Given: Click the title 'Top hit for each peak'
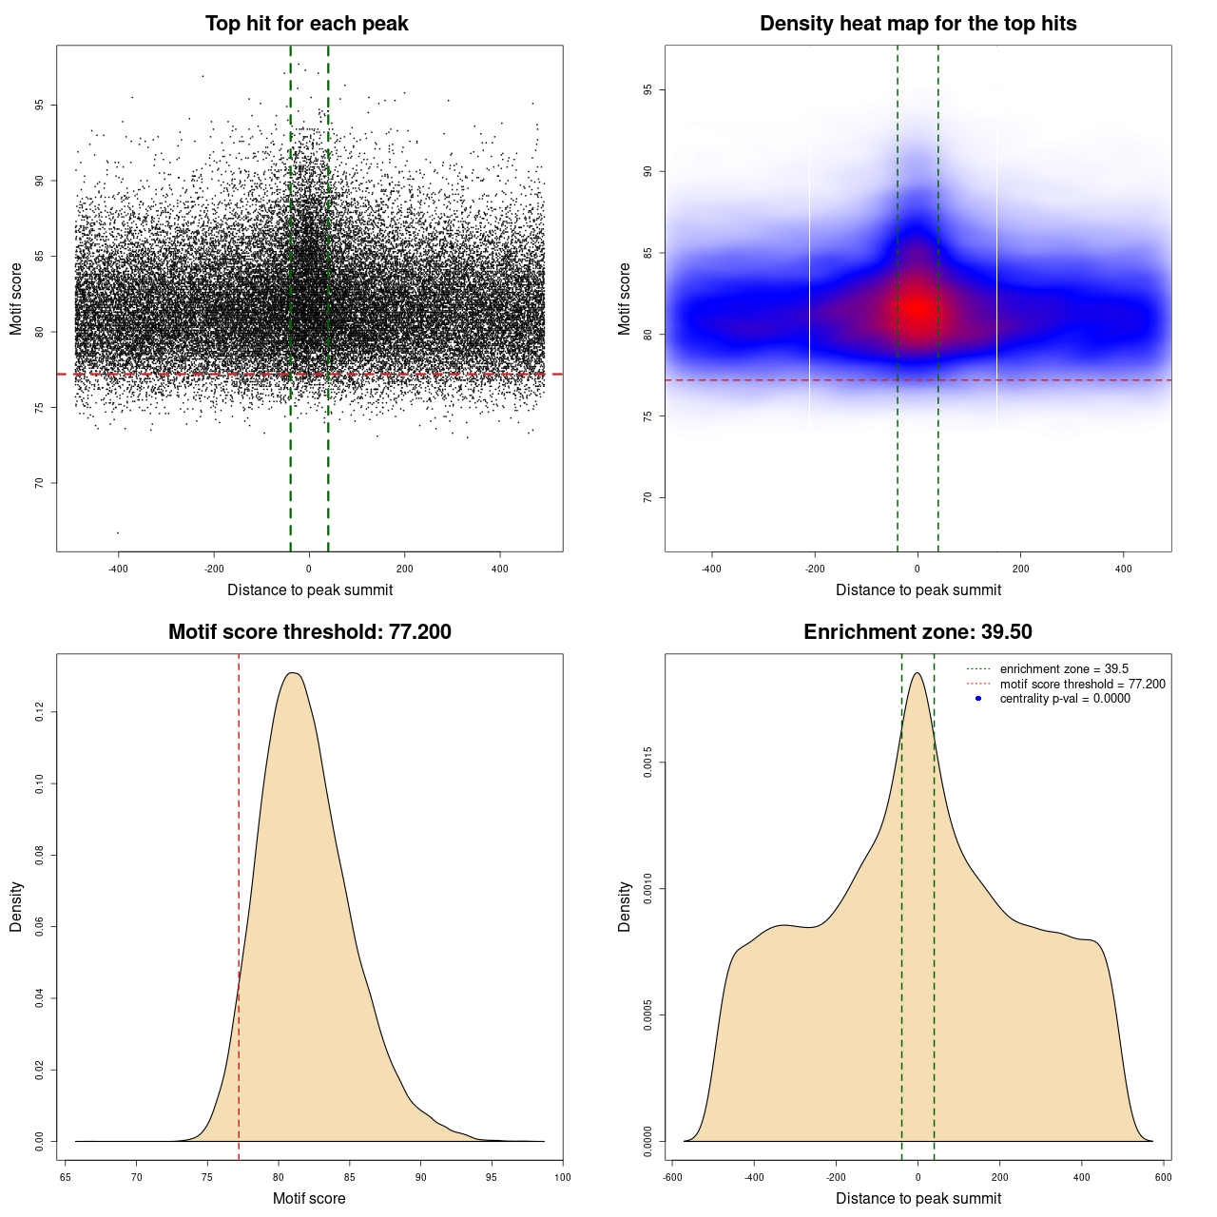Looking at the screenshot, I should point(306,24).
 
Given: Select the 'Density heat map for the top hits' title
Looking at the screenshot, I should point(918,24).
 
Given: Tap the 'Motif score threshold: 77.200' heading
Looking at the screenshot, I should point(309,632).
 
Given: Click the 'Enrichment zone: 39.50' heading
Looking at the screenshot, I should point(918,632).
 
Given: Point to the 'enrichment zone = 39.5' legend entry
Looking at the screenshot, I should point(1064,669).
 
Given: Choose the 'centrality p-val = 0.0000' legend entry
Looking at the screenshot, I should point(1065,699).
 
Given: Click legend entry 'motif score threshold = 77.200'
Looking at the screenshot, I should point(1082,685).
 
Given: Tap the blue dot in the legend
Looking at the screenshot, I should point(978,699).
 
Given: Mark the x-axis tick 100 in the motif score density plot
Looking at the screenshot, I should point(563,1178).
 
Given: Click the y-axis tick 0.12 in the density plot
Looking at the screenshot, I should point(39,712).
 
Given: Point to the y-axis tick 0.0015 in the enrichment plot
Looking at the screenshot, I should point(647,763).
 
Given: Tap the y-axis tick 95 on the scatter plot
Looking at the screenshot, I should point(39,105).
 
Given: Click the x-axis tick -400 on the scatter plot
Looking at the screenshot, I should point(118,570).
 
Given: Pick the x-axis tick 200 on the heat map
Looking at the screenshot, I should point(1020,570).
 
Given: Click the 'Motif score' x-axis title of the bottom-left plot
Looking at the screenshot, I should point(309,1198).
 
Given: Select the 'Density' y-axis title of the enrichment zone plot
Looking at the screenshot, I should point(625,906).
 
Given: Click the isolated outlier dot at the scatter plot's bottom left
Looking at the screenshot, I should point(118,532).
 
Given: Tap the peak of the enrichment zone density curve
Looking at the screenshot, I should point(918,673).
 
